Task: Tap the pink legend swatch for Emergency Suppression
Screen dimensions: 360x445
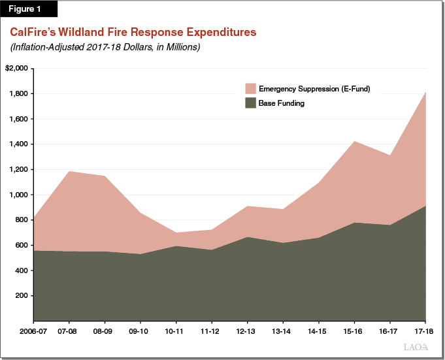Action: (x=250, y=89)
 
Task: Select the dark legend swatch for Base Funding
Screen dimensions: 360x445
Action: (x=250, y=103)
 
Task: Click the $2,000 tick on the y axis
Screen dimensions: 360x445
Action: (x=16, y=69)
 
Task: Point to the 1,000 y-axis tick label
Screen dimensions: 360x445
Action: (x=18, y=195)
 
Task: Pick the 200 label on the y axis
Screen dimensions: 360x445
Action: (x=21, y=296)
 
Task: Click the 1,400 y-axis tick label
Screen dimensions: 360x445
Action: (x=18, y=144)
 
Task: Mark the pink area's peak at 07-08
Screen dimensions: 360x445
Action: (x=69, y=171)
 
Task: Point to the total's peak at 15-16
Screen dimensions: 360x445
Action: (x=354, y=141)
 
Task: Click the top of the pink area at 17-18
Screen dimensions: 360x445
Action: (x=426, y=92)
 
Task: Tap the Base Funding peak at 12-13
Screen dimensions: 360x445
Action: (x=247, y=237)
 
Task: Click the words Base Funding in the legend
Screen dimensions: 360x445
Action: (x=281, y=103)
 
